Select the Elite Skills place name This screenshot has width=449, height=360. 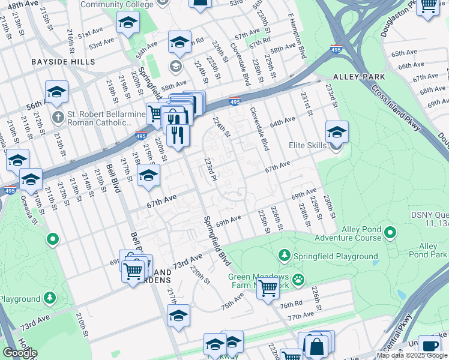(x=309, y=145)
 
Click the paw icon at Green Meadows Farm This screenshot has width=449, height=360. (x=298, y=279)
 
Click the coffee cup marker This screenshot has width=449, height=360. (x=429, y=346)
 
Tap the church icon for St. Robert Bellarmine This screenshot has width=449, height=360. (x=58, y=116)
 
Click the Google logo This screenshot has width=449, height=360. (x=20, y=353)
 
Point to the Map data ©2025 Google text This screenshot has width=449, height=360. (x=412, y=355)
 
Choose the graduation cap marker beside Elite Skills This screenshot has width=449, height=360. (x=337, y=132)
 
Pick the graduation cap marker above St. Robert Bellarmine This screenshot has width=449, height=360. (x=56, y=92)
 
